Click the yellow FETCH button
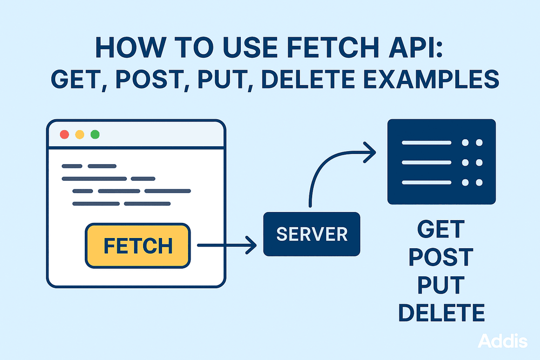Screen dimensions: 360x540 click(x=138, y=246)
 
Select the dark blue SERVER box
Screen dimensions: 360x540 click(x=312, y=234)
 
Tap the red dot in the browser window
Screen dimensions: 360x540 click(x=64, y=134)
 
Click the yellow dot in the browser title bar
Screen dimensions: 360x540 click(x=80, y=134)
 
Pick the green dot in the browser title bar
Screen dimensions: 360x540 click(x=95, y=134)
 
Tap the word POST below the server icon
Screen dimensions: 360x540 click(x=441, y=258)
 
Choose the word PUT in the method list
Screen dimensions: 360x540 click(x=441, y=285)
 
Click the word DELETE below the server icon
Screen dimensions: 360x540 click(x=441, y=313)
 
